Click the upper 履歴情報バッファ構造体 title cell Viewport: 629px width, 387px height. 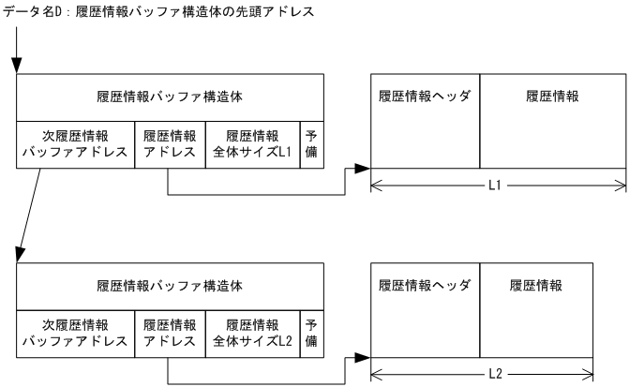tap(171, 96)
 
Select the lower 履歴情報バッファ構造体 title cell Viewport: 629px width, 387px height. tap(171, 285)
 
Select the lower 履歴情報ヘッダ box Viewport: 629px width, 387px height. tap(425, 309)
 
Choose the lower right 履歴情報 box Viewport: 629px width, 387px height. tap(536, 309)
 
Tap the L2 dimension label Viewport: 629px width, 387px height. tap(482, 374)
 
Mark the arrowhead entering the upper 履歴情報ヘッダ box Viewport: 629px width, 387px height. tap(364, 169)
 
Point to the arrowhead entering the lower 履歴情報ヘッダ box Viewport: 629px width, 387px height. tap(364, 357)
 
